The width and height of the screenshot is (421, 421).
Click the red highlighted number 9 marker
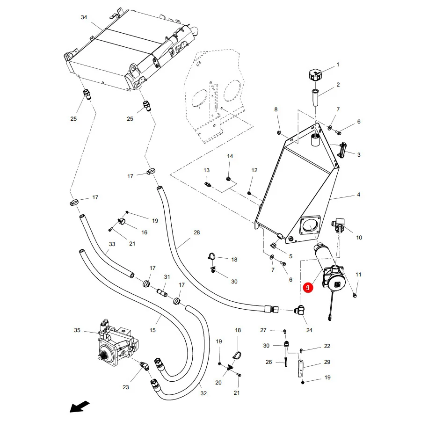(x=308, y=288)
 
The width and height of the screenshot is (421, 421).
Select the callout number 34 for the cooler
(x=84, y=17)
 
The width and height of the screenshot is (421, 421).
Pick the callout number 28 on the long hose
(x=197, y=232)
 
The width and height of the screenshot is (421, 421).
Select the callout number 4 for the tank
(x=358, y=195)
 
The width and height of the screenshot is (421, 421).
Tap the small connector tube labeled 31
(x=162, y=292)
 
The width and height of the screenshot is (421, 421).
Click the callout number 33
(x=112, y=244)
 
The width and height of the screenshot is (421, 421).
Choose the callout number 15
(x=152, y=330)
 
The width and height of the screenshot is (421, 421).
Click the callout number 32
(x=203, y=393)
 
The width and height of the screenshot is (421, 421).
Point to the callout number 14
(x=230, y=156)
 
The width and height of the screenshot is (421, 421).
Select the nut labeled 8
(x=279, y=132)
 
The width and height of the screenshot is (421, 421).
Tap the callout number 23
(x=126, y=387)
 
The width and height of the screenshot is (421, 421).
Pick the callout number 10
(x=359, y=238)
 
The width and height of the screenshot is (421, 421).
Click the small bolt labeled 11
(x=355, y=296)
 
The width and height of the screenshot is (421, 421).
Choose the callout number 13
(x=206, y=170)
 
